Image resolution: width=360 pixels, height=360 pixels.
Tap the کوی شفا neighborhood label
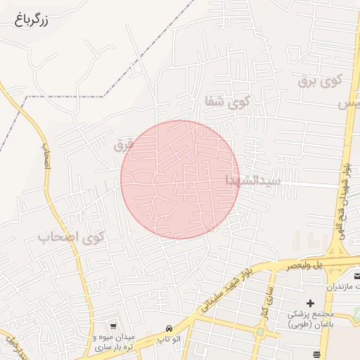click(226, 101)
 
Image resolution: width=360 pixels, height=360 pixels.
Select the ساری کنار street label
click(265, 300)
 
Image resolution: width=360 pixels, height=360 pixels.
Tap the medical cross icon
click(310, 302)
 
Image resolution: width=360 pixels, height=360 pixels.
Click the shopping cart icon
click(113, 327)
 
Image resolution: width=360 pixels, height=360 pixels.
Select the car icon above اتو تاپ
click(169, 329)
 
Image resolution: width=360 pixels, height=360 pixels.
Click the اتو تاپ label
click(169, 340)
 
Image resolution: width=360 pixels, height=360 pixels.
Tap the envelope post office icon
click(356, 276)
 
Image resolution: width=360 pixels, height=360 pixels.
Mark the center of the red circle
click(180, 179)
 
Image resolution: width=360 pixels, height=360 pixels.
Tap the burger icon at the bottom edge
click(316, 354)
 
